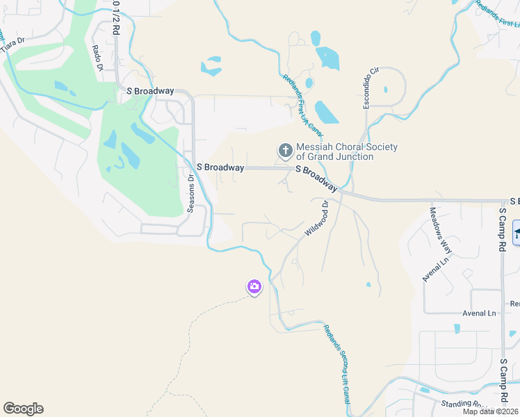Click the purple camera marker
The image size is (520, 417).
point(254,286)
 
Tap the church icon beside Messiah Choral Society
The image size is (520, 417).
point(284,150)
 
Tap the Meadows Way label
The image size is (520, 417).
point(441,230)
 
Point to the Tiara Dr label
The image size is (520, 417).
point(12,42)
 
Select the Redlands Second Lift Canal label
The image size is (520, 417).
point(336,365)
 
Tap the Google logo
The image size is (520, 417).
point(23,409)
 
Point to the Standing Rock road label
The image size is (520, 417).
point(465,404)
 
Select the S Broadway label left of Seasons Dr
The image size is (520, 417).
point(220,167)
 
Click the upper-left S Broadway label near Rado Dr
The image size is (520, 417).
point(149,91)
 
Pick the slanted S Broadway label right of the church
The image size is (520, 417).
point(317,179)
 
